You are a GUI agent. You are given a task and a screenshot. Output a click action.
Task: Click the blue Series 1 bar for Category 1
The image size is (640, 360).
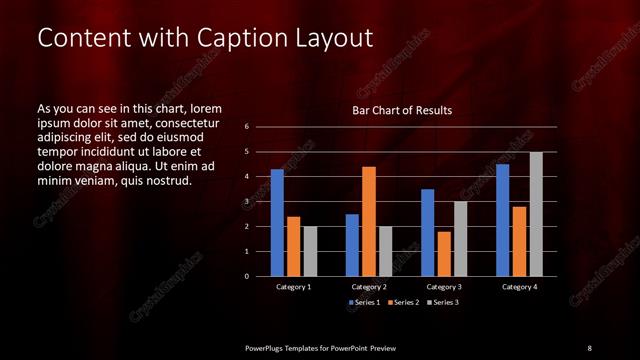pyautogui.click(x=277, y=223)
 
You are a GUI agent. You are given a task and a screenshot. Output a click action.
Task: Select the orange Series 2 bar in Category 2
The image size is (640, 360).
pyautogui.click(x=369, y=221)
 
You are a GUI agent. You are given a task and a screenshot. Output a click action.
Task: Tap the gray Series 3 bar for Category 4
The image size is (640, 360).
pyautogui.click(x=536, y=214)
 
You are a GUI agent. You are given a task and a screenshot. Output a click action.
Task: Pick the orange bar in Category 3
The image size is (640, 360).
pyautogui.click(x=444, y=254)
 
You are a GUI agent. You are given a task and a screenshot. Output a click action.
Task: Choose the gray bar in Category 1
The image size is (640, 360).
pyautogui.click(x=310, y=251)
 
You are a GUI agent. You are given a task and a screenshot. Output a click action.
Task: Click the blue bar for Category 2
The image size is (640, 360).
pyautogui.click(x=352, y=245)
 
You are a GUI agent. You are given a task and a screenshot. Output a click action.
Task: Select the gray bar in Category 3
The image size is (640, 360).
pyautogui.click(x=461, y=239)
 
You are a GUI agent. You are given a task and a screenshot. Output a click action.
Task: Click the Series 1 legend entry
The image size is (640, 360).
pyautogui.click(x=364, y=302)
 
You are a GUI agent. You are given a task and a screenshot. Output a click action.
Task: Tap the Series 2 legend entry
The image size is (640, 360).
pyautogui.click(x=403, y=302)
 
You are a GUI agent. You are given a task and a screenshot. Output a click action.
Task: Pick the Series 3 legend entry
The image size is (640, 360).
pyautogui.click(x=443, y=302)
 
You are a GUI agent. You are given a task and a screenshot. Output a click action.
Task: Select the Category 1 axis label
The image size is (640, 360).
pyautogui.click(x=294, y=287)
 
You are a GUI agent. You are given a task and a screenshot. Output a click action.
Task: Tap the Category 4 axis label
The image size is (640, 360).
pyautogui.click(x=519, y=287)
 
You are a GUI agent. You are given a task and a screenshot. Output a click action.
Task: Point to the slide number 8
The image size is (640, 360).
pyautogui.click(x=589, y=347)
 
